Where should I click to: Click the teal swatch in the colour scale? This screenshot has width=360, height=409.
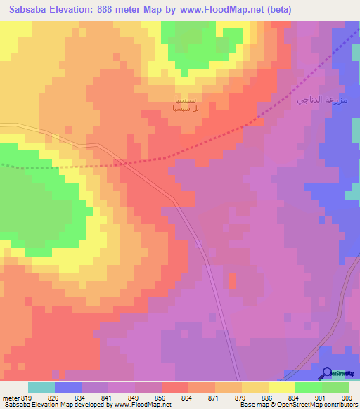tap(41, 387)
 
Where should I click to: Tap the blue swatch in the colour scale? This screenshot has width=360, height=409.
tap(68, 387)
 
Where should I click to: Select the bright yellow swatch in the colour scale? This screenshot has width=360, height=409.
tap(282, 387)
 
